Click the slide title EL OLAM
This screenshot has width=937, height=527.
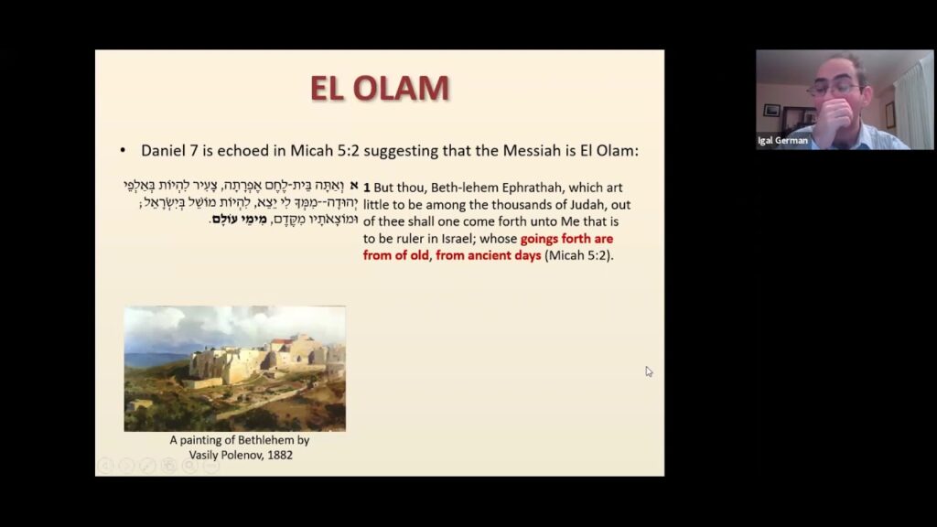pyautogui.click(x=380, y=89)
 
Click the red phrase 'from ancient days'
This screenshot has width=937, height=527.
pyautogui.click(x=489, y=255)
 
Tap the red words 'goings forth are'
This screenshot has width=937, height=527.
pyautogui.click(x=566, y=239)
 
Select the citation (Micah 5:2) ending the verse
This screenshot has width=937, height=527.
pyautogui.click(x=579, y=255)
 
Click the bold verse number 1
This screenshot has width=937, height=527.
pyautogui.click(x=366, y=187)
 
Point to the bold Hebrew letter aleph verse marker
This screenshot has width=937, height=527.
pyautogui.click(x=352, y=186)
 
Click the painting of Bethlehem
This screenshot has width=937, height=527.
pyautogui.click(x=234, y=368)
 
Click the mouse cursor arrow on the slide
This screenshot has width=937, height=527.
pyautogui.click(x=649, y=371)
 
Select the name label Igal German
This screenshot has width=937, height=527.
pyautogui.click(x=783, y=141)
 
